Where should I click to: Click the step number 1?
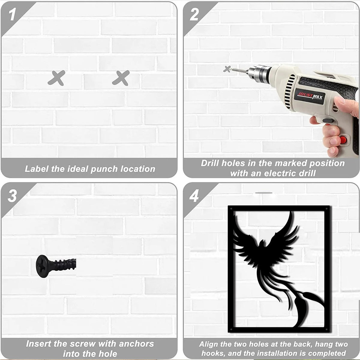12,15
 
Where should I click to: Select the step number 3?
12,196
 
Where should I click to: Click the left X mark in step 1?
56,78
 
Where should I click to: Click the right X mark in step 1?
121,78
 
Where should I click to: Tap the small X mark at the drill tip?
227,69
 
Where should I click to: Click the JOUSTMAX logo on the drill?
310,96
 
